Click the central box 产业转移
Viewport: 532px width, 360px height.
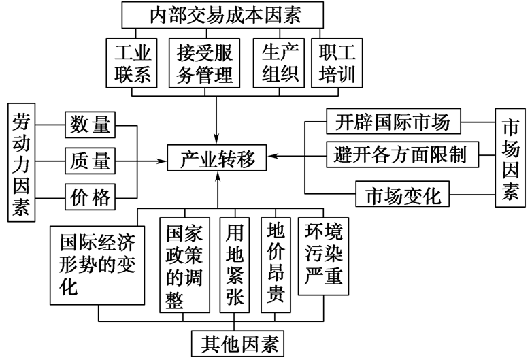(218, 160)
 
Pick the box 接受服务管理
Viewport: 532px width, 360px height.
(204, 63)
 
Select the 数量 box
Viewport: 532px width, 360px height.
(90, 125)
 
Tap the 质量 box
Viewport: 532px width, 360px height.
(90, 161)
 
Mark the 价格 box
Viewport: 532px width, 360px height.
(90, 198)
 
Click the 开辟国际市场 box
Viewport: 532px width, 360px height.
(393, 122)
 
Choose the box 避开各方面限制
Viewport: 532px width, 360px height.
(401, 154)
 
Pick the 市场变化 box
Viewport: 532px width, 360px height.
(403, 196)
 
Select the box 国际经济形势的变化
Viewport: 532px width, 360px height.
(97, 264)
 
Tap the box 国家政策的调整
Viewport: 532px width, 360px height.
(184, 264)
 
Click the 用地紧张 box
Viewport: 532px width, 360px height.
(235, 264)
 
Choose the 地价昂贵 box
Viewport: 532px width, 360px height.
(277, 264)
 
